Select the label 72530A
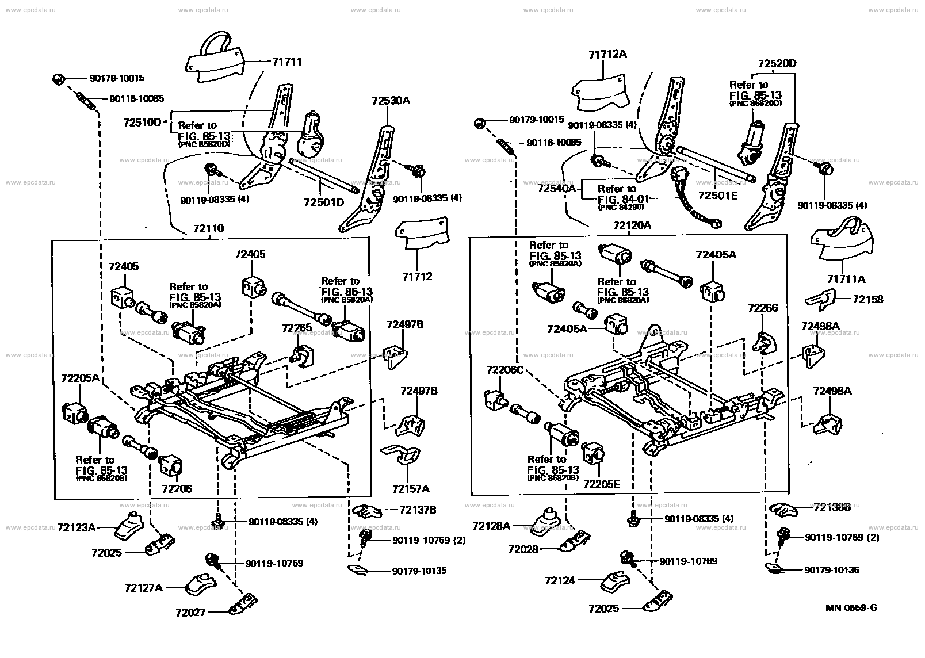coord(391,100)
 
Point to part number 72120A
coord(632,225)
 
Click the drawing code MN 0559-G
coord(851,608)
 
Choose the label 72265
coord(297,328)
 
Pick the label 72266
coord(763,308)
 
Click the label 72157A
coord(411,489)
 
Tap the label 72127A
coord(144,588)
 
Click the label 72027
coord(191,613)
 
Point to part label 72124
coord(560,581)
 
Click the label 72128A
coord(491,526)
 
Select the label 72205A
coord(80,378)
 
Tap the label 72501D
coord(323,202)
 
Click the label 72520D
coord(777,63)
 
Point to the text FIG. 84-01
coord(624,199)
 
